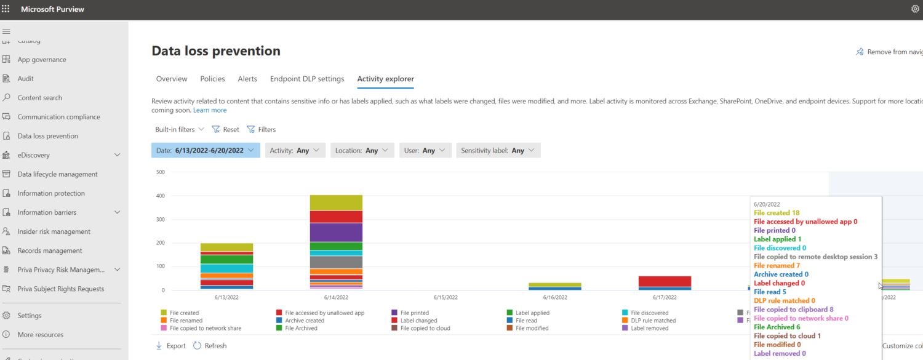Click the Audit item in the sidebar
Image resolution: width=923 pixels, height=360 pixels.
(x=25, y=79)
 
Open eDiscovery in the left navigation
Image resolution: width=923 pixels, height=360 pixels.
(x=33, y=155)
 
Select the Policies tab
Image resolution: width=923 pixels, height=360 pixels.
(x=212, y=79)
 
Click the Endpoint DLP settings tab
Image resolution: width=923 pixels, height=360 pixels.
(x=307, y=79)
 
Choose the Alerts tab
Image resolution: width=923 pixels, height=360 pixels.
(x=247, y=79)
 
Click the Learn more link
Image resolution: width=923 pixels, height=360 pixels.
(x=210, y=110)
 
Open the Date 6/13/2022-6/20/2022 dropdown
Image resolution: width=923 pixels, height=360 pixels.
(x=206, y=150)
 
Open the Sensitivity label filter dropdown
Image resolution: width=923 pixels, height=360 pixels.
(x=498, y=150)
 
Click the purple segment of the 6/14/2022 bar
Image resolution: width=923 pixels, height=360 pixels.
(x=336, y=232)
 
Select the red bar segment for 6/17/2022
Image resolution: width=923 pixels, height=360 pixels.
(x=665, y=281)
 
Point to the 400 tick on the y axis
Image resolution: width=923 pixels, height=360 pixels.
(x=161, y=196)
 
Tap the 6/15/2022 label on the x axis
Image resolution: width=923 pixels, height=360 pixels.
(x=445, y=297)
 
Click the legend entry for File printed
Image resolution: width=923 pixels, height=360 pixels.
(x=414, y=313)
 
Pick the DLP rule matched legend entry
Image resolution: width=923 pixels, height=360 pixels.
(x=653, y=321)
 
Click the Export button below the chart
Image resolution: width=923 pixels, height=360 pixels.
(x=171, y=346)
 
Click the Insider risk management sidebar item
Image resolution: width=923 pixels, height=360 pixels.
(x=54, y=231)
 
